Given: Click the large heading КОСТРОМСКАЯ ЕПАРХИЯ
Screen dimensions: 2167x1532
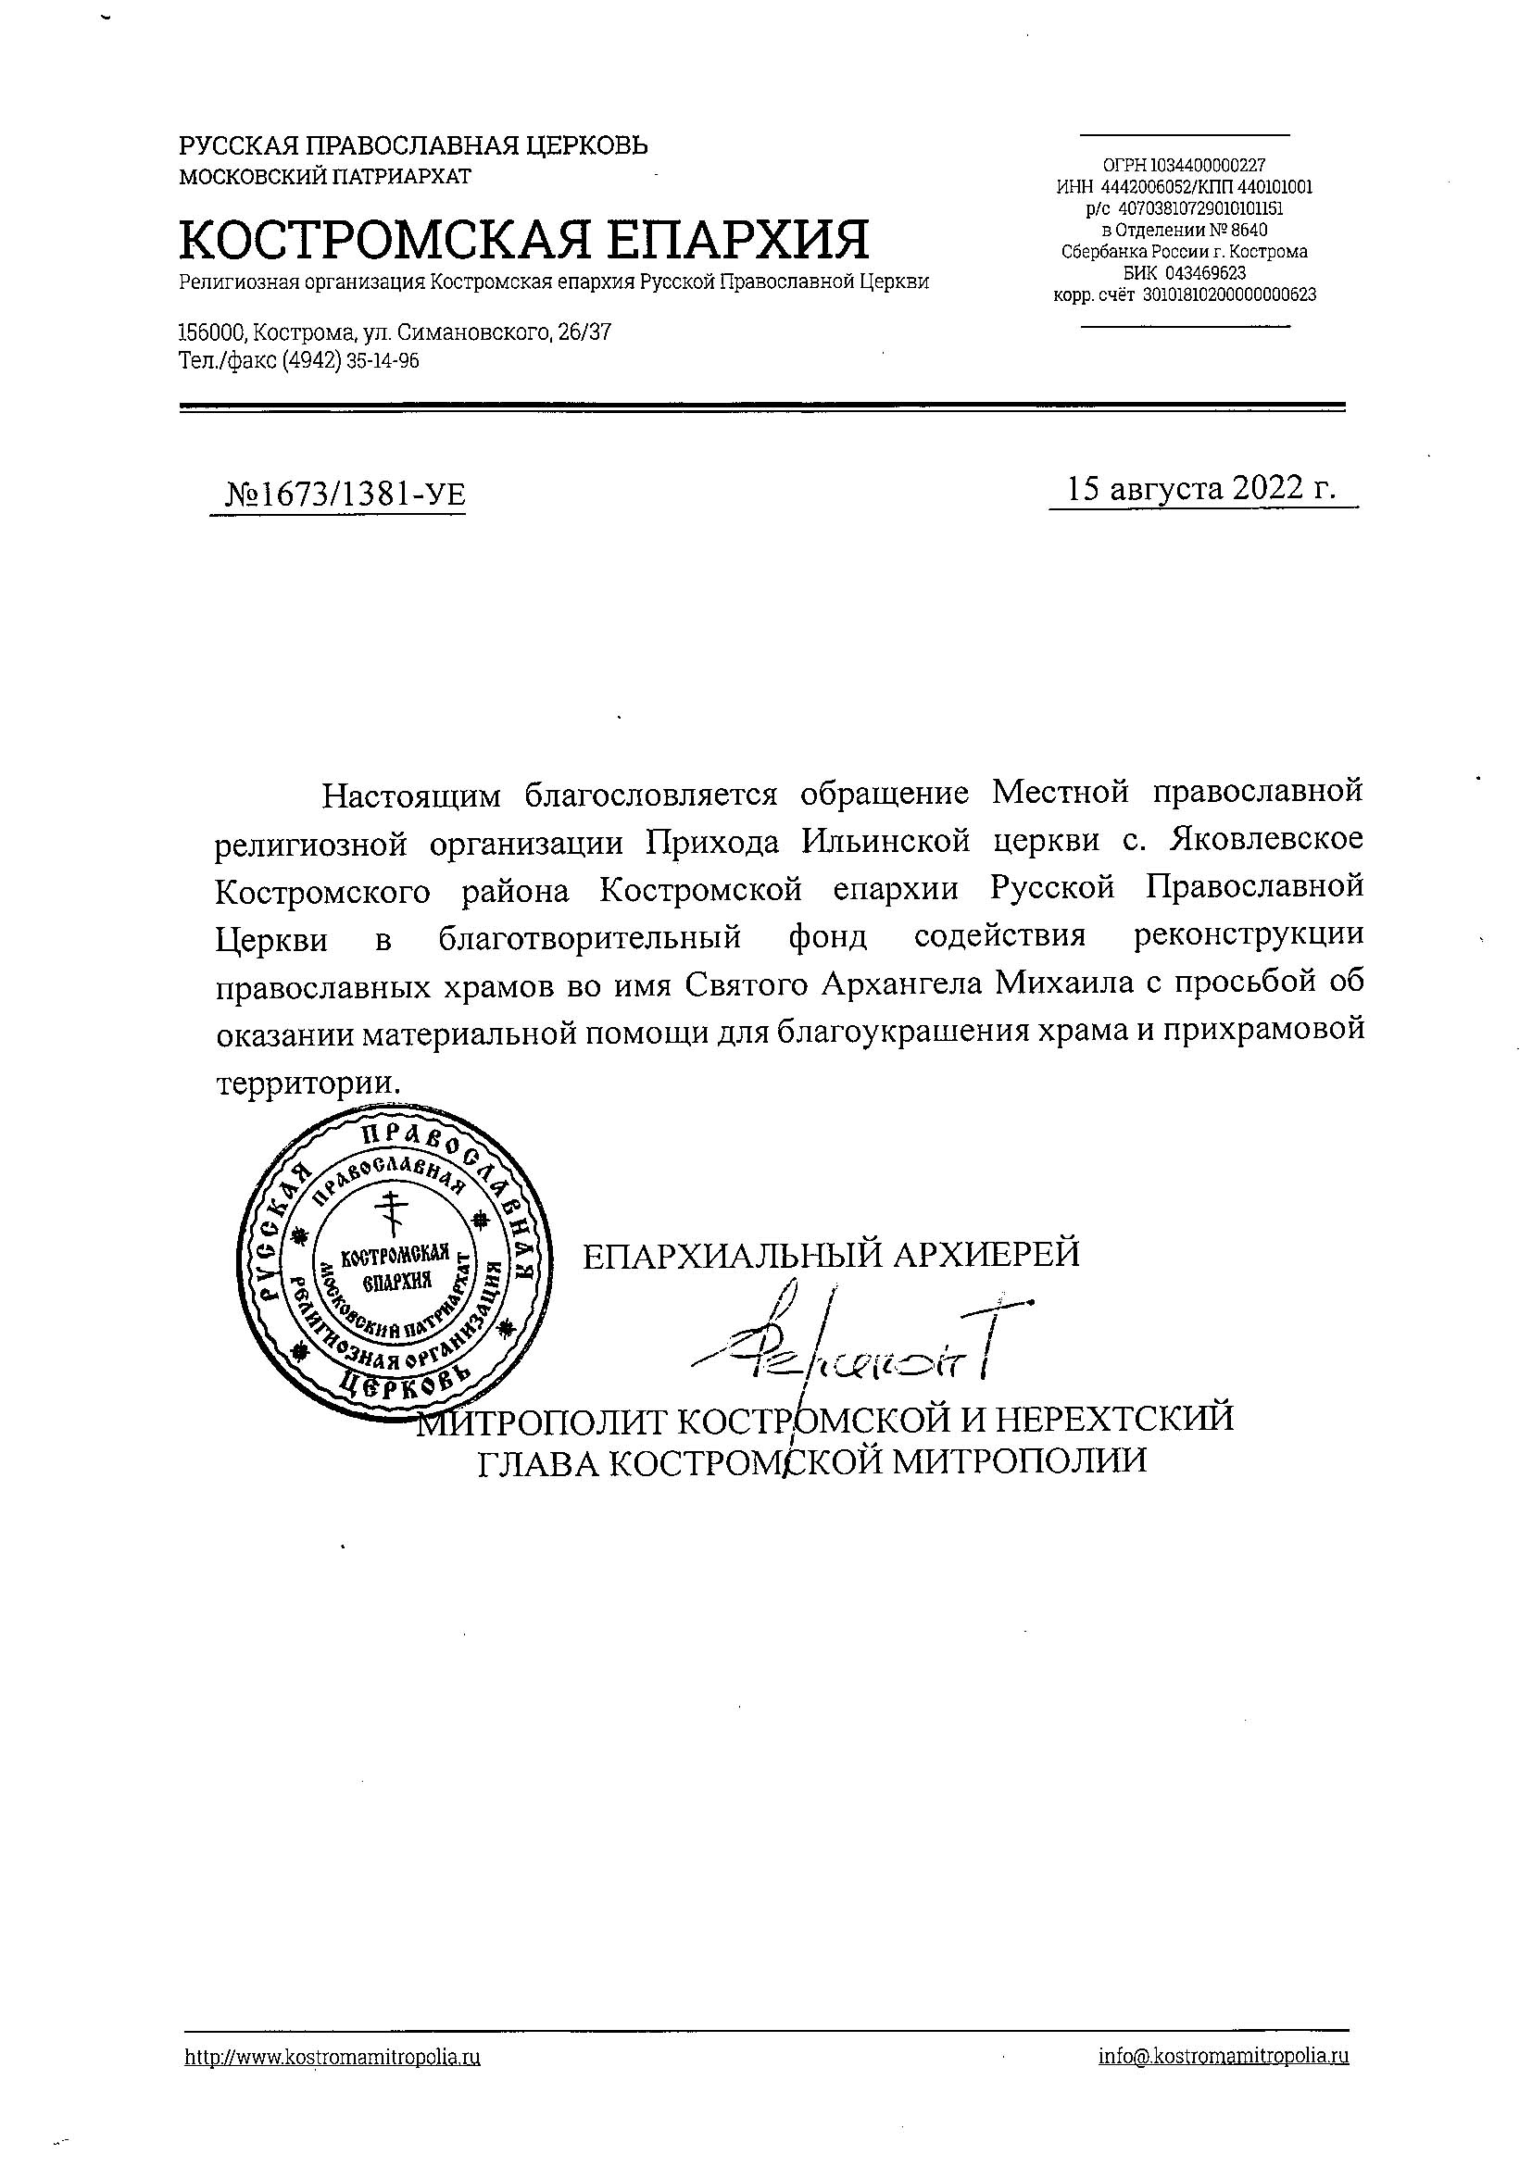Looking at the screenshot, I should [524, 239].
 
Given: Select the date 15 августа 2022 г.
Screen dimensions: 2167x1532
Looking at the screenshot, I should [1200, 488].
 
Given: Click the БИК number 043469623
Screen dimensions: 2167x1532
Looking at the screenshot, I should [1205, 273].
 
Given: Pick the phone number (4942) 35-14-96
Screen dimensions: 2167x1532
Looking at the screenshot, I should [350, 361].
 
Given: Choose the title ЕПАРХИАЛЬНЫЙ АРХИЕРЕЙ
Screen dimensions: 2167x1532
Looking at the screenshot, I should [831, 1255].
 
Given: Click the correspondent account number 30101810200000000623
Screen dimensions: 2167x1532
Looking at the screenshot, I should [1229, 294].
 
